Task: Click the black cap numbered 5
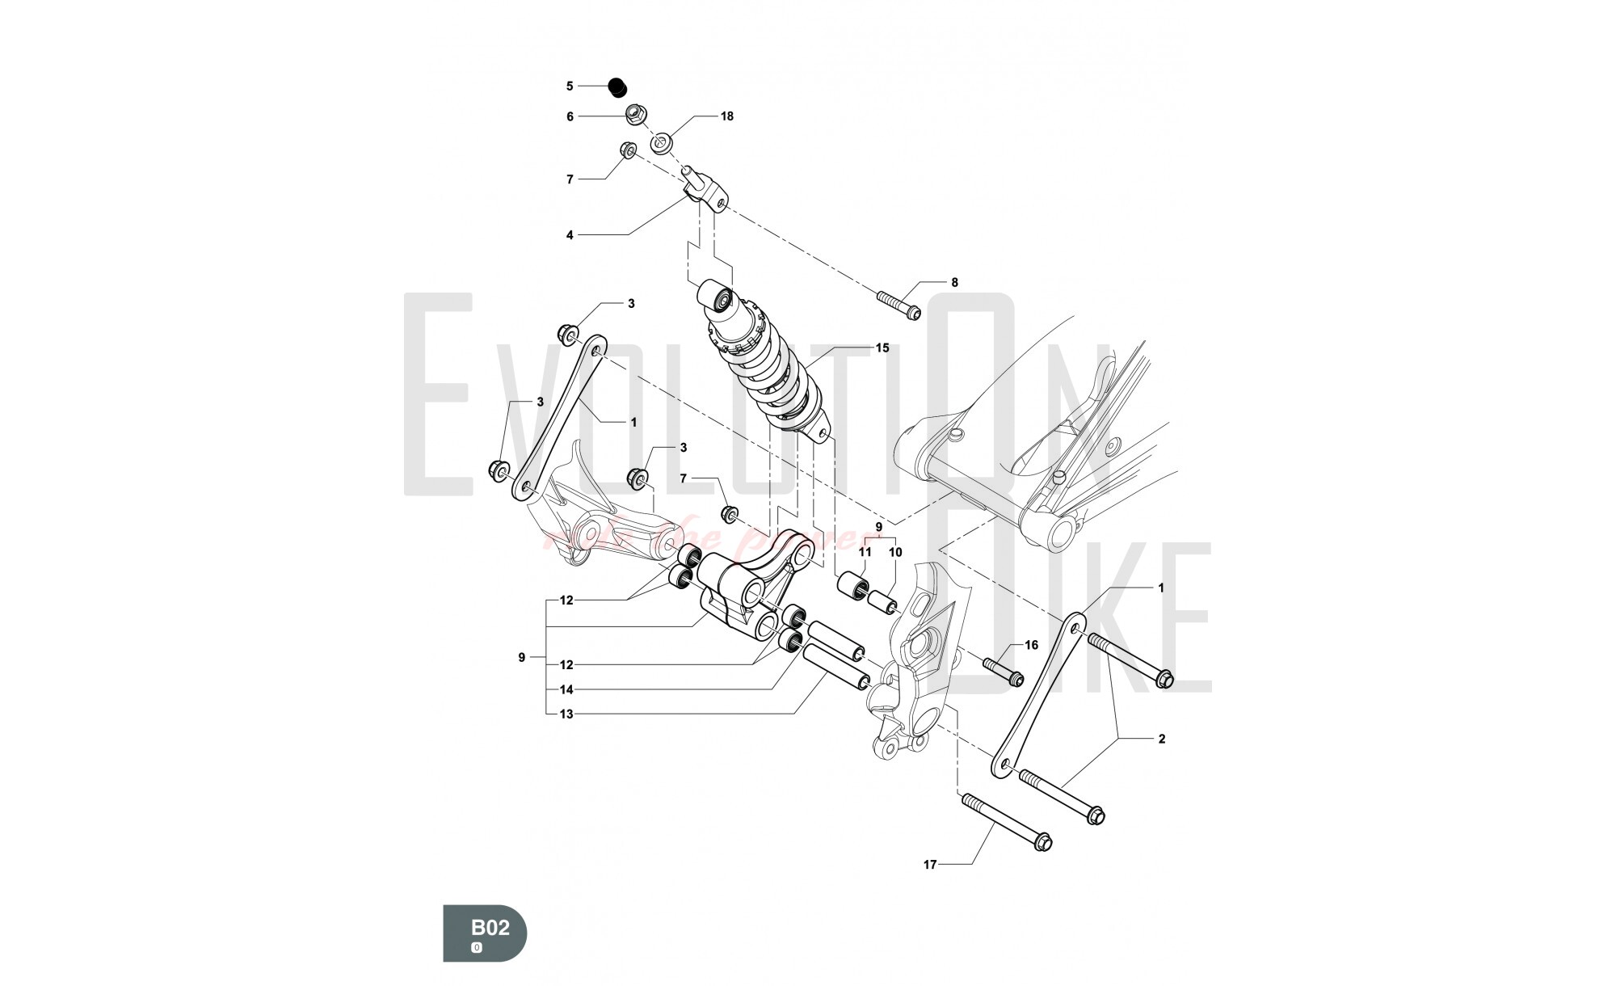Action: click(x=619, y=86)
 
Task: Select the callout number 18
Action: click(x=727, y=116)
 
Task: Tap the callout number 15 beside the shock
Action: click(x=882, y=348)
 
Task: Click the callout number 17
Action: click(x=930, y=865)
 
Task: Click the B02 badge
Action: click(x=485, y=933)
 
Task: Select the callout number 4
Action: click(x=570, y=235)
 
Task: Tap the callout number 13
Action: click(x=566, y=714)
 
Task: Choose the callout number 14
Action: click(x=566, y=690)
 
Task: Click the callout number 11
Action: click(x=865, y=552)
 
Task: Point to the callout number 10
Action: click(x=895, y=552)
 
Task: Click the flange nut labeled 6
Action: click(x=637, y=114)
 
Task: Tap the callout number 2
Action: click(x=1162, y=739)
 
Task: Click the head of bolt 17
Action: click(x=1043, y=843)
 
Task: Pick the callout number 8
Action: click(x=954, y=283)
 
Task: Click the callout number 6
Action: click(x=570, y=117)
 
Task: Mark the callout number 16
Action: click(x=1031, y=645)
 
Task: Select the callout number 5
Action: click(x=570, y=86)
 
